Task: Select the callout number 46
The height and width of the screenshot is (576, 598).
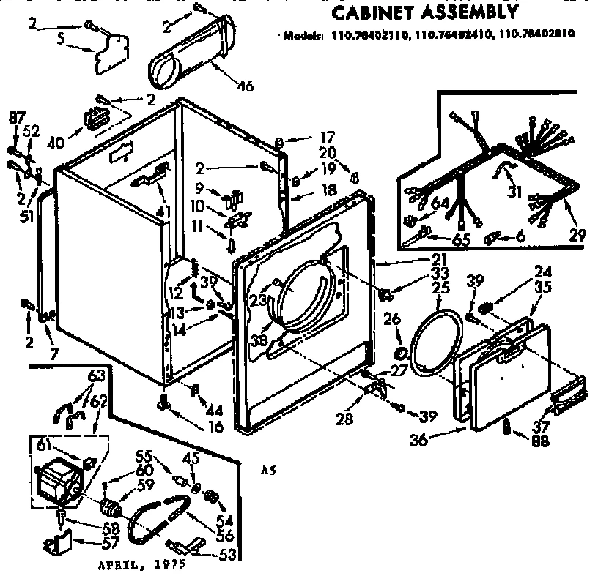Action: pyautogui.click(x=245, y=86)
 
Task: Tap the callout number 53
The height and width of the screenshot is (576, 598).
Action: pyautogui.click(x=229, y=554)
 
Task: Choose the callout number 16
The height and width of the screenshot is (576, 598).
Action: pyautogui.click(x=214, y=425)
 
